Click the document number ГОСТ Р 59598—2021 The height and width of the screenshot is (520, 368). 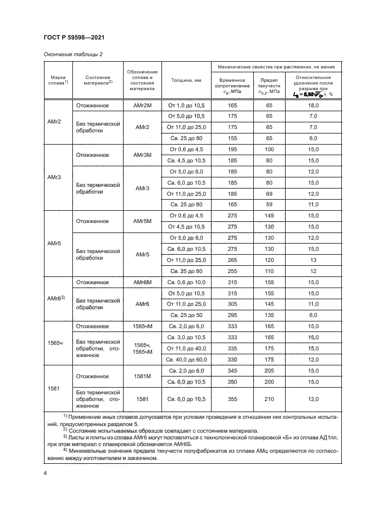pyautogui.click(x=75, y=37)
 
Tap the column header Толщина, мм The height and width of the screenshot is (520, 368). pyautogui.click(x=185, y=81)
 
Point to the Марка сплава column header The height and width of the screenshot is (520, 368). pyautogui.click(x=58, y=81)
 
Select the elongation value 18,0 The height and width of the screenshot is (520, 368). pyautogui.click(x=313, y=105)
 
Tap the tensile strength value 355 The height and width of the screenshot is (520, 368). pyautogui.click(x=233, y=399)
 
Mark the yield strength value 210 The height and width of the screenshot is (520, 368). pyautogui.click(x=270, y=399)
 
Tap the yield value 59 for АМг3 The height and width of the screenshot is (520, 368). pyautogui.click(x=270, y=205)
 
